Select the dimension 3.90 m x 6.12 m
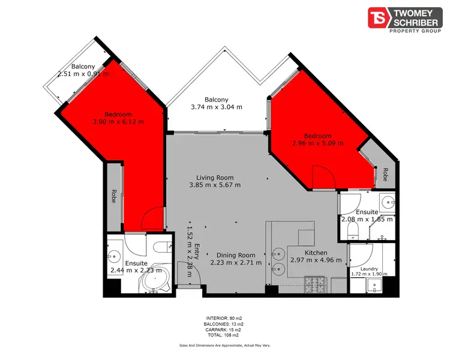[x=118, y=122]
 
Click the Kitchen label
[x=316, y=253]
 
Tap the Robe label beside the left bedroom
[x=113, y=196]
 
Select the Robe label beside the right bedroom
[x=384, y=175]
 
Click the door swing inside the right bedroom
[x=322, y=176]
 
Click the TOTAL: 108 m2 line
[x=224, y=335]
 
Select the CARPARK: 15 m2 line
[x=224, y=329]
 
